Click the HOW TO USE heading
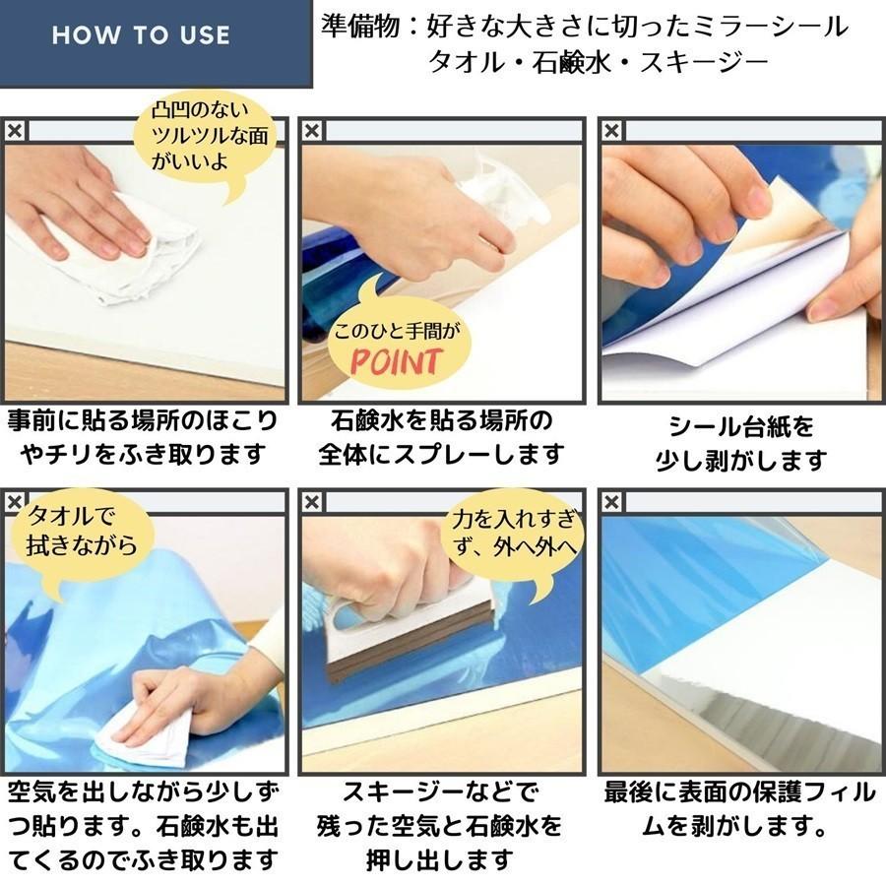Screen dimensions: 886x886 click(x=141, y=36)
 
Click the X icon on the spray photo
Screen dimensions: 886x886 click(x=312, y=131)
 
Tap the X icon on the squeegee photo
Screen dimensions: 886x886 click(x=312, y=502)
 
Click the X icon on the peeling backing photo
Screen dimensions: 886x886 click(x=610, y=131)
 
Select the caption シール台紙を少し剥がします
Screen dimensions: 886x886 click(x=741, y=442)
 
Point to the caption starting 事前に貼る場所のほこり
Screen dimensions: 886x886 click(x=144, y=437)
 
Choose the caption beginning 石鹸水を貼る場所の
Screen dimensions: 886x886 click(x=442, y=437)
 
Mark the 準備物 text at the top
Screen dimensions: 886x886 click(x=363, y=26)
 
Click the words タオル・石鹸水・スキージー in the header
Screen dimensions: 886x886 click(x=597, y=65)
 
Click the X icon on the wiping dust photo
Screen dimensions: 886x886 click(x=14, y=131)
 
